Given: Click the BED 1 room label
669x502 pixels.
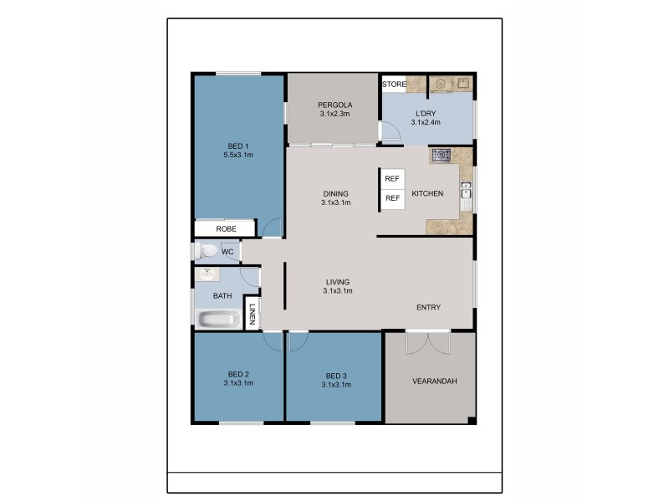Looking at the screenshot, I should click(x=238, y=151).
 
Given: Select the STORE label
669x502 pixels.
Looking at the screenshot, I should click(x=394, y=85).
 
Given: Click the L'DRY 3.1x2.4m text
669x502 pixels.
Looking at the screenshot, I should click(x=426, y=117).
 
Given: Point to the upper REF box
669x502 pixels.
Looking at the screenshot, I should click(x=392, y=179).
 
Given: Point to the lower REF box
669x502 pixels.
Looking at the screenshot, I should click(x=392, y=198).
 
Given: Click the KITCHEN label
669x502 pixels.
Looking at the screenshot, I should click(x=427, y=194).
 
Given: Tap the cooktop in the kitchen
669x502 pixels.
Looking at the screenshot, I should click(x=441, y=155).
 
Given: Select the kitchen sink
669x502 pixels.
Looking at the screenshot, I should click(x=466, y=194).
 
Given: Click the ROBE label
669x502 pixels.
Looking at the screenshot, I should click(x=225, y=228).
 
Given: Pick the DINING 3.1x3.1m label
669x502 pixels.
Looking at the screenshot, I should click(x=334, y=198).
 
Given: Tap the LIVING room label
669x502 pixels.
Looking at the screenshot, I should click(x=337, y=286).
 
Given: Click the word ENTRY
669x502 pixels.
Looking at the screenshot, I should click(x=428, y=308).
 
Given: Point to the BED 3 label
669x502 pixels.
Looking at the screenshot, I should click(x=335, y=379).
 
